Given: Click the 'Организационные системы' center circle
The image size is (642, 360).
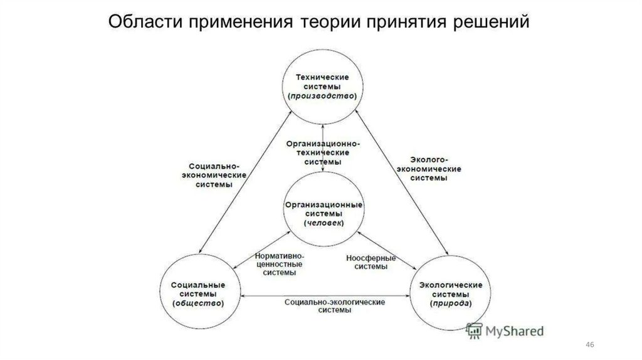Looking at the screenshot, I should click(324, 214).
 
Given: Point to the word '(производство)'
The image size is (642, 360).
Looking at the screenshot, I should click(322, 97).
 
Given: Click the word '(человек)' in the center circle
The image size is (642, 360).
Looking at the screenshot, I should click(324, 223).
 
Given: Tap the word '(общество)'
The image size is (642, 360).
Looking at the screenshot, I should click(198, 303).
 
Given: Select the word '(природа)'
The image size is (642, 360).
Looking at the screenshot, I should click(449, 304).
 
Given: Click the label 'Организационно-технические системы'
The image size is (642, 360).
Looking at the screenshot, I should click(323, 152).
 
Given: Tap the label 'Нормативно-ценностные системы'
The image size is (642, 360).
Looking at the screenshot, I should click(280, 265).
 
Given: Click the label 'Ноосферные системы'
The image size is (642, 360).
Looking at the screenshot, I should click(371, 262).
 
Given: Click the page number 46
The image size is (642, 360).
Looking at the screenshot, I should click(589, 346).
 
